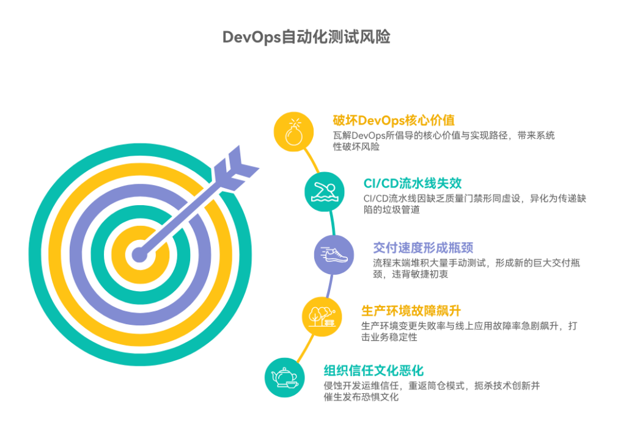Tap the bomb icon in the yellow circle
(x=293, y=131)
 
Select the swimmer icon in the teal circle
(x=325, y=192)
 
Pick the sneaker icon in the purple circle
(x=334, y=255)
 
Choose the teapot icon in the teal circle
(x=284, y=377)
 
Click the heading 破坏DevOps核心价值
(x=394, y=120)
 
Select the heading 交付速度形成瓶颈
(x=423, y=247)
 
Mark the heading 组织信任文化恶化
(x=374, y=371)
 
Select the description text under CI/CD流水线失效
(x=474, y=204)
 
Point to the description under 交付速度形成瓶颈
(x=477, y=268)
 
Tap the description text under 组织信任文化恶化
(x=432, y=391)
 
